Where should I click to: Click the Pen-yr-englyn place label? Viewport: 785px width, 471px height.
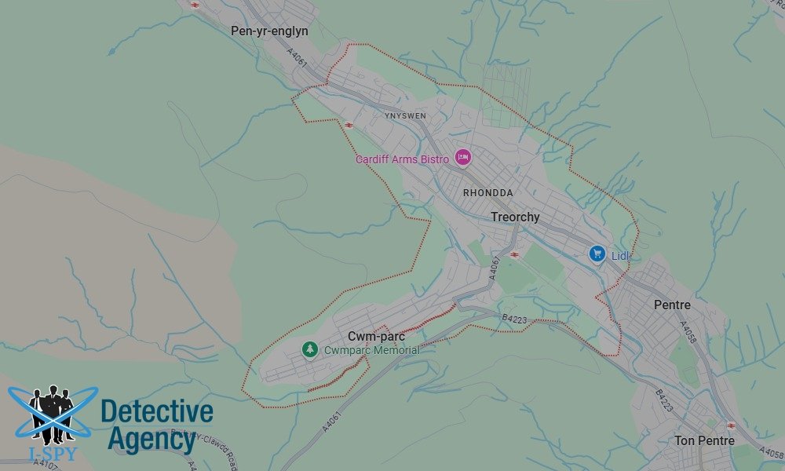269,31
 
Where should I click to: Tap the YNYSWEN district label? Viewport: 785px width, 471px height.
405,115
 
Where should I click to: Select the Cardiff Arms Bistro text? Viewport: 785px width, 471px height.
402,159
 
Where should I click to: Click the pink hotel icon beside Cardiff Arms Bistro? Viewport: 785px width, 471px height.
462,158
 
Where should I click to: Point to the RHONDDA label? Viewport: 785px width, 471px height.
487,192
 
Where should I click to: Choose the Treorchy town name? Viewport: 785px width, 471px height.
515,217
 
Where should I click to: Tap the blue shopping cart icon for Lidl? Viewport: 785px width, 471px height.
597,254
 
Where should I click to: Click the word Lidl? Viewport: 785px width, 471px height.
621,256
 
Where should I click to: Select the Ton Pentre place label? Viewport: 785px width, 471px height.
704,440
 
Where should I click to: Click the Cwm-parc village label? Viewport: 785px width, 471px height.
376,336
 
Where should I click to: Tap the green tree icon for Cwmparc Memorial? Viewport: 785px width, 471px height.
310,349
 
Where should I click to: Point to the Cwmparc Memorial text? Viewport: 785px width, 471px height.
371,350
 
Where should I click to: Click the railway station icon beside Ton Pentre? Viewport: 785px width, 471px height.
732,425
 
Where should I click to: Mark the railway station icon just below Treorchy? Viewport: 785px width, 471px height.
514,254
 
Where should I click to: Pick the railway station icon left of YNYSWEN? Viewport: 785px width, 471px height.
348,124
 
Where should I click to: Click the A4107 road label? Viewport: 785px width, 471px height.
45,465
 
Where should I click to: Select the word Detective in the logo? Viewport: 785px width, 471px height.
157,411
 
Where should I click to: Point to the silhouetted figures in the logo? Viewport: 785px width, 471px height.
52,412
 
